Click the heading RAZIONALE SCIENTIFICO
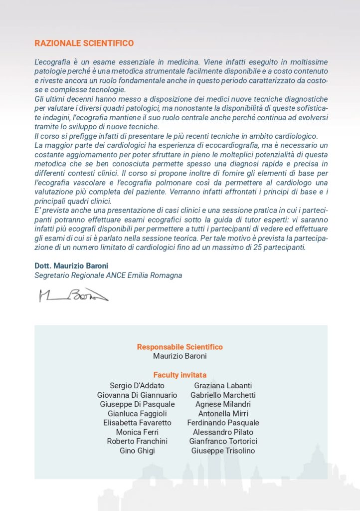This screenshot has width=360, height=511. [84, 43]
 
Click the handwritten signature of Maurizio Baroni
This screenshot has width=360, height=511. [73, 295]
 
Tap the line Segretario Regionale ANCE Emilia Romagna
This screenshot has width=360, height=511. [108, 275]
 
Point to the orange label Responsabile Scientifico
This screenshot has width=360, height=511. [180, 347]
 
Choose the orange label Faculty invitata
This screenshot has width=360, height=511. [180, 375]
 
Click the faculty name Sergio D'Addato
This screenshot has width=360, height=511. [137, 386]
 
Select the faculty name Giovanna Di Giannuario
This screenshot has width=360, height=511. [137, 395]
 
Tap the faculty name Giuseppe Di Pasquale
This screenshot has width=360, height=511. [137, 404]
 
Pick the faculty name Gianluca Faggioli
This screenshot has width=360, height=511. [137, 414]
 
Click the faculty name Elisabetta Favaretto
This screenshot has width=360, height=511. [137, 423]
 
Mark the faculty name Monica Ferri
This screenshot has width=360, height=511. [137, 432]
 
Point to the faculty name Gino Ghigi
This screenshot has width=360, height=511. [137, 451]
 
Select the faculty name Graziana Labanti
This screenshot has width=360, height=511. [223, 386]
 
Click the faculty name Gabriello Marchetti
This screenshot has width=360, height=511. [223, 395]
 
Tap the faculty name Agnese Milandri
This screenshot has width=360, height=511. [223, 404]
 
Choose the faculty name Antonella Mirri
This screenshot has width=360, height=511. [223, 414]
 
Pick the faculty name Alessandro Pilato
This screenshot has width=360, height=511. [223, 432]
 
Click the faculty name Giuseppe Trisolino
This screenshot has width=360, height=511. [223, 451]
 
